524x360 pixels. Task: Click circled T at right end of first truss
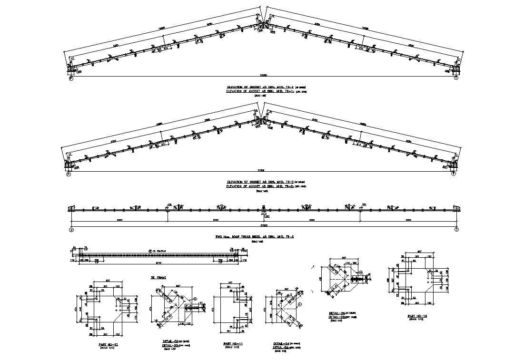click(456, 78)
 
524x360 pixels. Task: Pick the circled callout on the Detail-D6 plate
click(360, 272)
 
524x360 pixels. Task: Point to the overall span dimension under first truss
click(263, 75)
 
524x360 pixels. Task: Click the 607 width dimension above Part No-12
click(108, 280)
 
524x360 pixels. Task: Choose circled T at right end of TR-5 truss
click(456, 230)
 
